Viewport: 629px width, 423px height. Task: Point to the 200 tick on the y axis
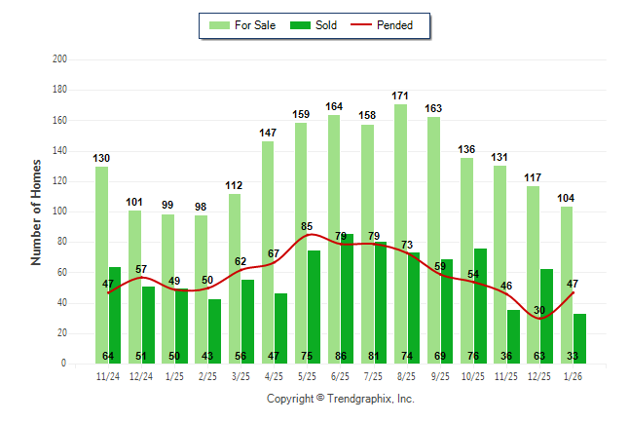point(59,59)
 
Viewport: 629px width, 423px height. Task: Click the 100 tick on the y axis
point(59,211)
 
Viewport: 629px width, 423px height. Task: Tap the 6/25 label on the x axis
point(341,375)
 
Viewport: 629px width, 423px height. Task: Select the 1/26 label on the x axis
point(573,375)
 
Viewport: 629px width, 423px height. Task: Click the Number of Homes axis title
point(36,211)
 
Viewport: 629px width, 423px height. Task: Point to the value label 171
point(400,96)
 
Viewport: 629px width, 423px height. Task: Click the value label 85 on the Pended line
point(307,226)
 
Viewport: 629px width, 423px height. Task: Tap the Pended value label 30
point(538,310)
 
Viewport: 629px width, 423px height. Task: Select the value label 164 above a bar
point(334,106)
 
